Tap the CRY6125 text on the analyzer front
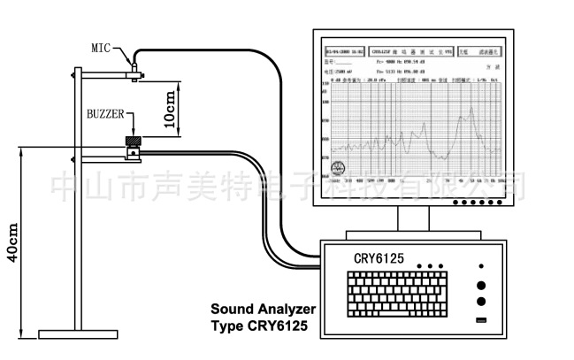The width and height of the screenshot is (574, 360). (x=378, y=257)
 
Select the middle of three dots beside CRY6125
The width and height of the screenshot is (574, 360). (x=430, y=265)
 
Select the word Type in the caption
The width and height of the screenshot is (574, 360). (x=227, y=326)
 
